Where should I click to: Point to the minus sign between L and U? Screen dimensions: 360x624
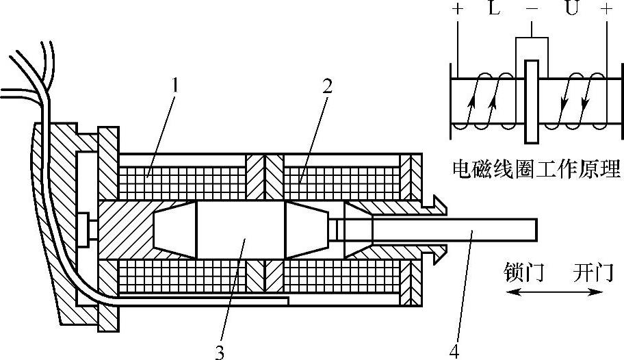coord(532,11)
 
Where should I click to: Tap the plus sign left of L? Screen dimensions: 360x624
coord(456,11)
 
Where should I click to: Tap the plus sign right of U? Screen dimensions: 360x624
coord(606,11)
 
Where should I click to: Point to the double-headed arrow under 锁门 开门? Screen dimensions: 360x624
coord(555,292)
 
